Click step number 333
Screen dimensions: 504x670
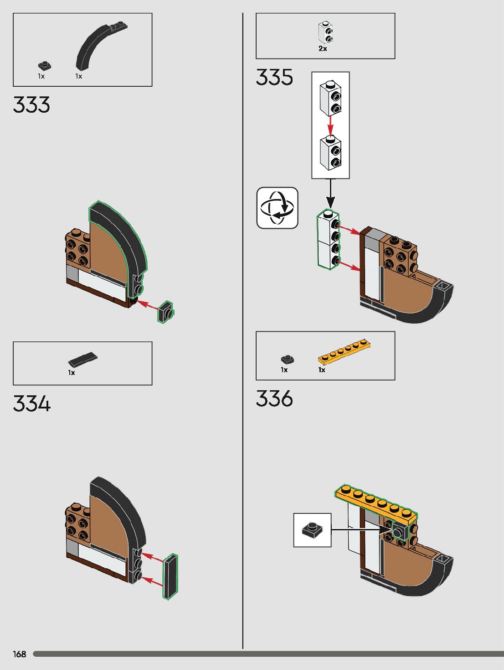pos(31,105)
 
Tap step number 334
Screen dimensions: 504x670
pos(31,404)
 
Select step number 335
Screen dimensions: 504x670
pos(274,77)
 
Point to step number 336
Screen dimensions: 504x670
pos(274,398)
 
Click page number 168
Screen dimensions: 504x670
pos(20,654)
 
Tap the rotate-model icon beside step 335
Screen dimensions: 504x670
pos(277,208)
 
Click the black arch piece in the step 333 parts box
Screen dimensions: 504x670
pos(98,46)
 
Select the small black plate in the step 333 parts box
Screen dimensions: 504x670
pos(44,66)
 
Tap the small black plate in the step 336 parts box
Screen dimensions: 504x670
pos(287,360)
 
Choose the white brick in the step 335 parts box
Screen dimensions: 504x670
pos(325,33)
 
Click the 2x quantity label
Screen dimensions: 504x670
pos(323,48)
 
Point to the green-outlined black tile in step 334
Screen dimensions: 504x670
pos(170,576)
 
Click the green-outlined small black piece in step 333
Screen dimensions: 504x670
pos(165,312)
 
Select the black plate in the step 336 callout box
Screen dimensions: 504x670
pos(312,530)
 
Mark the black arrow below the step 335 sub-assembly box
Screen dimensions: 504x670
pos(330,194)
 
